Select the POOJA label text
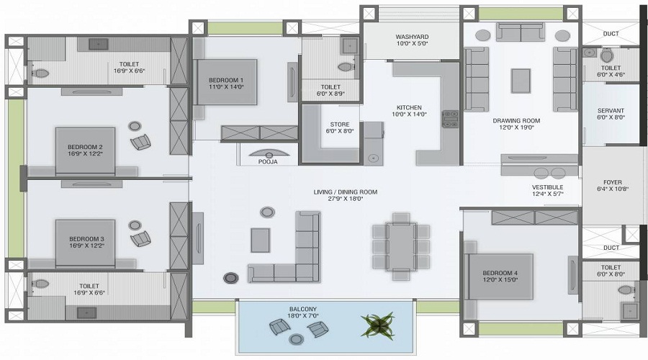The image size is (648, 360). click(268, 163)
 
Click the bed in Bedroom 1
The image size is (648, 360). click(226, 82)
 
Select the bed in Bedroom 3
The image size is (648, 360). click(85, 243)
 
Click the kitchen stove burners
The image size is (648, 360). click(450, 119)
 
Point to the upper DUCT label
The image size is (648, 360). click(611, 33)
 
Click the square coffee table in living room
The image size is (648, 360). click(260, 240)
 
